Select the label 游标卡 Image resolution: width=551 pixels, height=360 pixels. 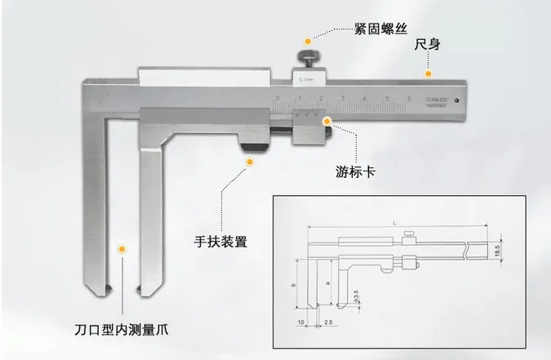(356, 171)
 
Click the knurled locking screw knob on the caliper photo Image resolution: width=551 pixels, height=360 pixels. (310, 58)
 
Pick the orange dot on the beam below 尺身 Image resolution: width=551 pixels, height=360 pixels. (426, 73)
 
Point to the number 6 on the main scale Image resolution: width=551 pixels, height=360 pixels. (408, 100)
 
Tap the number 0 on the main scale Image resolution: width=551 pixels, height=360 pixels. (278, 100)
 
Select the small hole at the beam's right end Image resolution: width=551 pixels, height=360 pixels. (457, 101)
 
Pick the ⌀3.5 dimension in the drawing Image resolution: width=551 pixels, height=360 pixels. (357, 292)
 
